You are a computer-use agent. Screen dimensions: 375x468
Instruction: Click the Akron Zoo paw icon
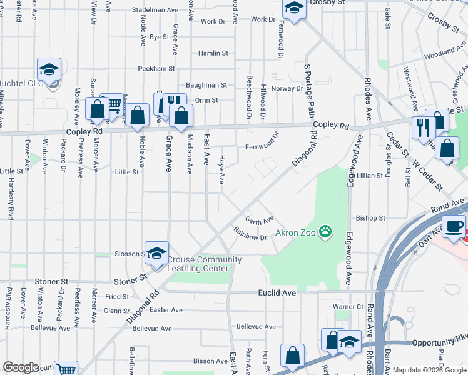tap(325, 232)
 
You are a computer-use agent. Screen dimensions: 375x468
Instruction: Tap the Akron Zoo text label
tap(296, 235)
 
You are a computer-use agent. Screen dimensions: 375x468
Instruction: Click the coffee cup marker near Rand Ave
tap(454, 226)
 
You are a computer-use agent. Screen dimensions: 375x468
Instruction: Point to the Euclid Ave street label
tap(277, 292)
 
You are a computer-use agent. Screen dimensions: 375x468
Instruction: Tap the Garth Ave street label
tap(259, 221)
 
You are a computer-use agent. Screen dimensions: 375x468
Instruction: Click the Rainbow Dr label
tap(250, 237)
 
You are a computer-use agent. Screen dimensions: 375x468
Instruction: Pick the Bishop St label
tap(370, 218)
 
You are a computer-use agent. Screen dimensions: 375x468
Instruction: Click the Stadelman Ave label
tap(156, 10)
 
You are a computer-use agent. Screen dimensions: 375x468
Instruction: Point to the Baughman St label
tap(206, 84)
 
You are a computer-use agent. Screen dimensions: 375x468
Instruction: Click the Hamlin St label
tap(211, 53)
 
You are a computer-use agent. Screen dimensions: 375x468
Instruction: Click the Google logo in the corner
tap(21, 367)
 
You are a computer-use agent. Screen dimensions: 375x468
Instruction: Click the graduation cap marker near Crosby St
tap(294, 8)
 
